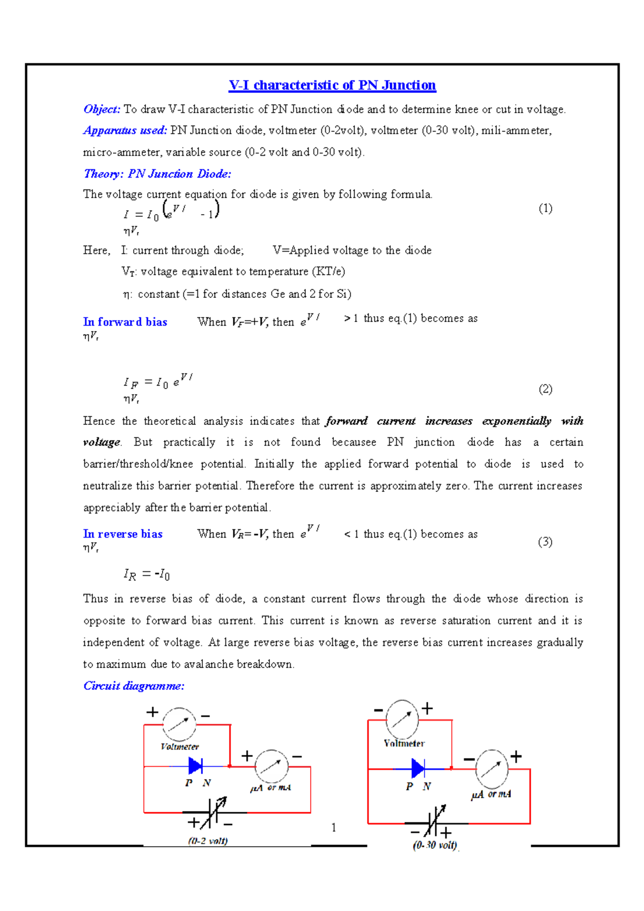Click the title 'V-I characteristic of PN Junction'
(332, 85)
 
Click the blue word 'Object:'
(102, 109)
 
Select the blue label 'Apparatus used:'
(125, 130)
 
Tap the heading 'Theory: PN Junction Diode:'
(157, 174)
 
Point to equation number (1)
(545, 209)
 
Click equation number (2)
(545, 390)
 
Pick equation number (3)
(545, 542)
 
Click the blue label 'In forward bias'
(125, 322)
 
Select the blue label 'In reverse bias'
(123, 534)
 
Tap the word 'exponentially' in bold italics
(516, 421)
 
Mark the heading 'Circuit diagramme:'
(134, 686)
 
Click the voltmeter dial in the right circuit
(402, 719)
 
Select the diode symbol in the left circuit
(196, 766)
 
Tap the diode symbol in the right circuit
(418, 768)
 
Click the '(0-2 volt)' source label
(208, 841)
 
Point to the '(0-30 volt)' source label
(435, 845)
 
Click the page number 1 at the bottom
(334, 828)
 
